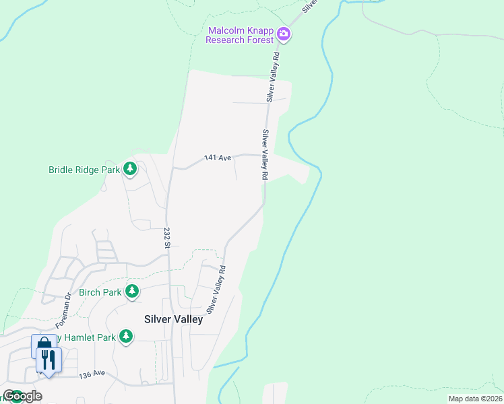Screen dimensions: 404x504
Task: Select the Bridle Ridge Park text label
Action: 84,170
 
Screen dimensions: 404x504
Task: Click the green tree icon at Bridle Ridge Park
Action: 130,170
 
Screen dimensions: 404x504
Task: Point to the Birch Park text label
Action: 100,292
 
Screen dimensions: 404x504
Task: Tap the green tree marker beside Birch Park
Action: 132,292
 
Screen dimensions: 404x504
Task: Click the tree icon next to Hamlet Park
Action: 125,336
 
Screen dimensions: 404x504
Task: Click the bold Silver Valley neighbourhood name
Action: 173,320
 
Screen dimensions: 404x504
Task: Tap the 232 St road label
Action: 166,237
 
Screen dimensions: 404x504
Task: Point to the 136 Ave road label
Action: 92,374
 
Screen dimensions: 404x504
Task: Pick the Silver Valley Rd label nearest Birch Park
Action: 216,290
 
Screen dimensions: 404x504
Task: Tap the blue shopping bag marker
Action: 44,345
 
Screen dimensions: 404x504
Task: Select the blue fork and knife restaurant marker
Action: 48,359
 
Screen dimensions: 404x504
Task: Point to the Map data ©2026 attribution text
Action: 474,399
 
